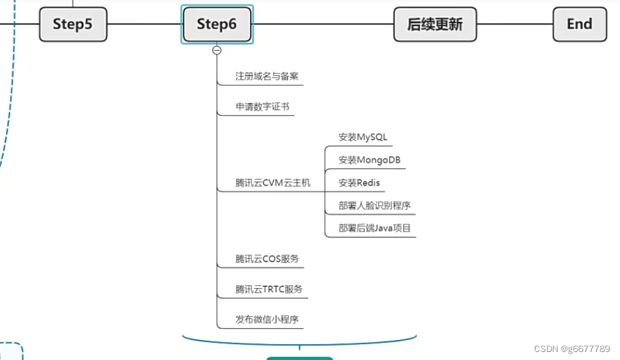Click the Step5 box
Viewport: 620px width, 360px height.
coord(73,25)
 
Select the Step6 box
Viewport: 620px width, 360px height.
coord(217,25)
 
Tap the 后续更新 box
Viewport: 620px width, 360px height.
coord(435,25)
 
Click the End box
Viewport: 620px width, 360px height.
coord(579,25)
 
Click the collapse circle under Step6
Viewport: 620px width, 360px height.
coord(217,50)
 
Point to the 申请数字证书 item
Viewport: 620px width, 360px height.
coord(262,106)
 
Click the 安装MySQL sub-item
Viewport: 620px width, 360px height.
coord(363,137)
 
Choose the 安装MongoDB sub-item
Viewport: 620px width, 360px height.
coord(369,160)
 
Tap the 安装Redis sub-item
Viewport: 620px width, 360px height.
coord(359,182)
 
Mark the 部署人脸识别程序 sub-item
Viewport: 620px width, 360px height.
coord(375,206)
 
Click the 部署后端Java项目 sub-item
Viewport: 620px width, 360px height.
coord(375,228)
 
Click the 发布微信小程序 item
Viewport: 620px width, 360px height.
coord(267,319)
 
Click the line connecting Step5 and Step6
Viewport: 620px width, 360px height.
coord(144,25)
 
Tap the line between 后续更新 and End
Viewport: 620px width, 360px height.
coord(516,25)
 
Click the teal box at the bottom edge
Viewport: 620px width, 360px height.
coord(299,358)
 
